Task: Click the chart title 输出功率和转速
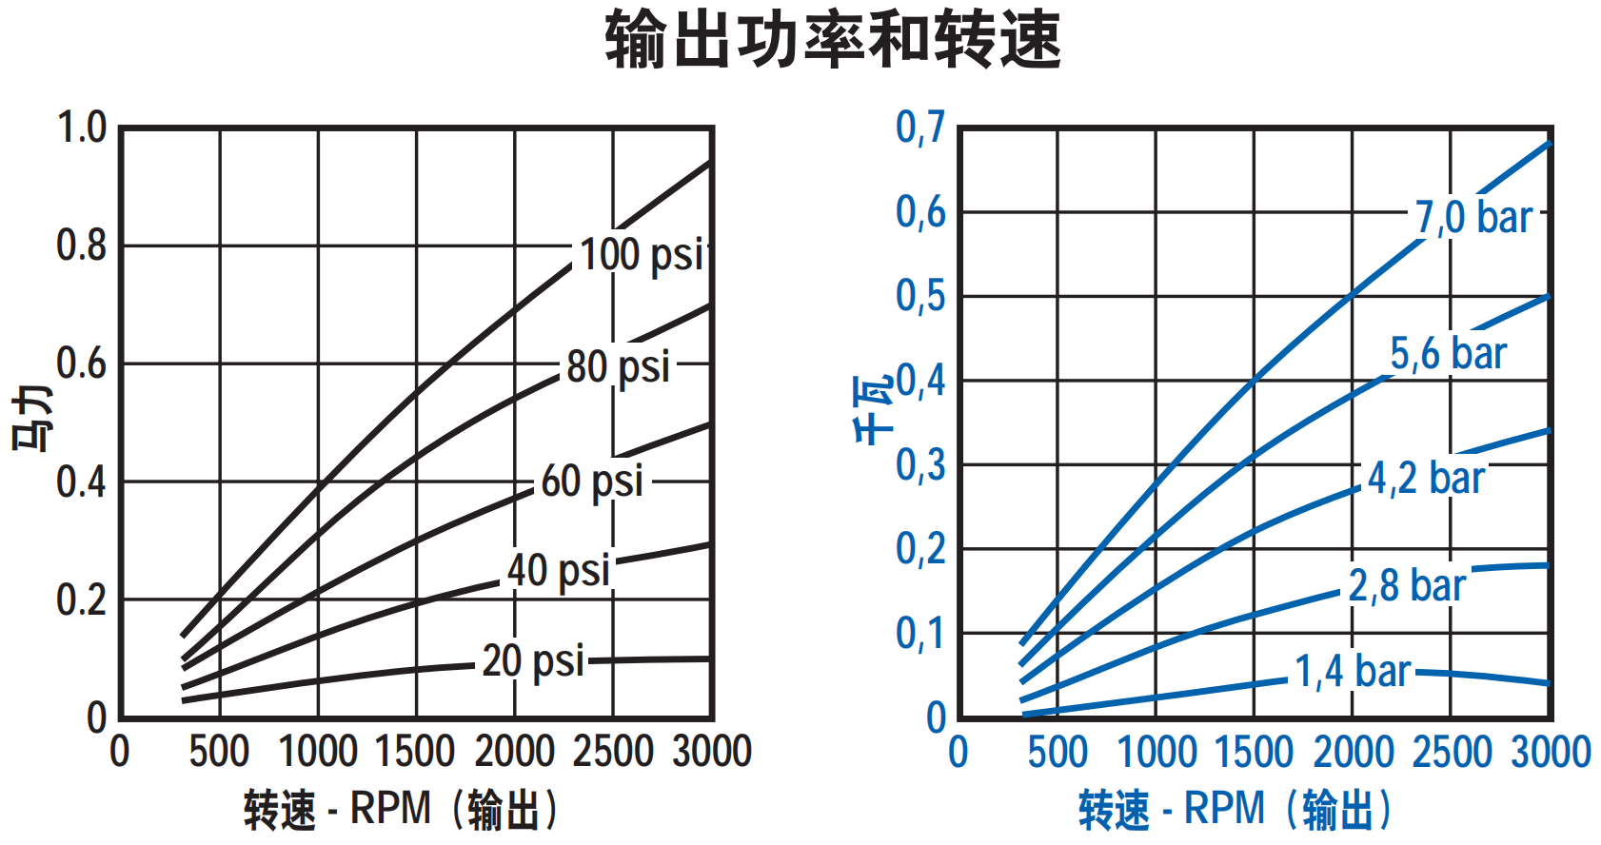pos(833,40)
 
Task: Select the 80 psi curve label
pos(618,366)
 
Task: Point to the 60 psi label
pos(592,481)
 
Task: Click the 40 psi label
pos(558,571)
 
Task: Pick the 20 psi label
pos(532,660)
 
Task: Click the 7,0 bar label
pos(1473,217)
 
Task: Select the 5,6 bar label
pos(1448,353)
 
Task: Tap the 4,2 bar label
pos(1425,478)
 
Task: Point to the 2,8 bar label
pos(1406,585)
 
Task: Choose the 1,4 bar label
pos(1352,671)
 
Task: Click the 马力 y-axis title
pos(32,419)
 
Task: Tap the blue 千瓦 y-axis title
pos(873,409)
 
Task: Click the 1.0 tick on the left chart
pos(82,128)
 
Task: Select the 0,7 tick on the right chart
pos(920,127)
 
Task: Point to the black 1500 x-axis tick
pos(415,752)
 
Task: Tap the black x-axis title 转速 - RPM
pos(400,810)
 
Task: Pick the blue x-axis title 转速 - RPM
pos(1235,810)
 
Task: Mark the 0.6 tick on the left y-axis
pos(82,364)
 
